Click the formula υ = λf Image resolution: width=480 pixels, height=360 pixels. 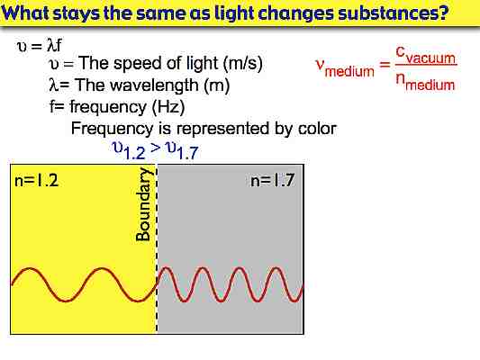click(39, 46)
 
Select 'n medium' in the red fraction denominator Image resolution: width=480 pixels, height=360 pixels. click(426, 84)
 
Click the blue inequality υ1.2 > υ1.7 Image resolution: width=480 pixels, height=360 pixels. click(154, 151)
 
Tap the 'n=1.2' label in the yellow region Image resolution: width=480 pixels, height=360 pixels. click(37, 181)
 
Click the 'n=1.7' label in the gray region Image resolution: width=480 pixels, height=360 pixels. click(273, 181)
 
